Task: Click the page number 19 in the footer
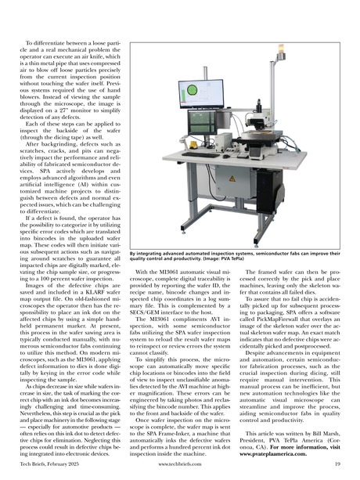tap(337, 465)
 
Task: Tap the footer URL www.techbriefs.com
tap(180, 465)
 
